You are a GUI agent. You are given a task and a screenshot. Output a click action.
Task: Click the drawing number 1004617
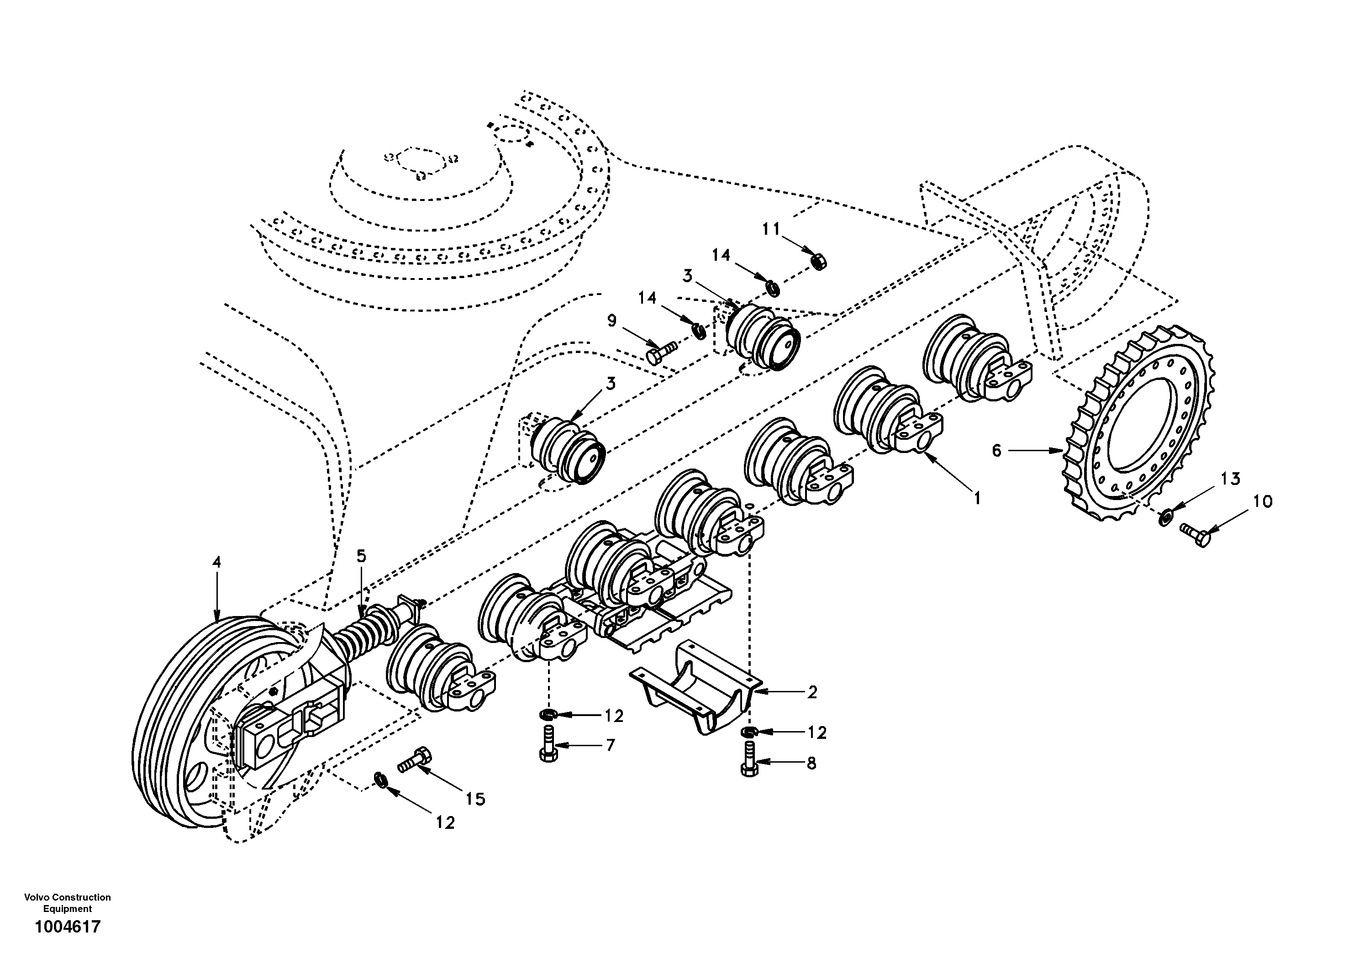coord(68,927)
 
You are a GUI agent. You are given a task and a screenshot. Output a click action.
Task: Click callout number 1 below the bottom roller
coord(977,498)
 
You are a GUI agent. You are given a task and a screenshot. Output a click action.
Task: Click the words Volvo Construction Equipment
coord(68,903)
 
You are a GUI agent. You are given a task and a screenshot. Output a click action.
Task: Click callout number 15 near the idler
coord(475,799)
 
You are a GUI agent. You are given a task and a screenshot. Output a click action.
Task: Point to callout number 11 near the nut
coord(771,229)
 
